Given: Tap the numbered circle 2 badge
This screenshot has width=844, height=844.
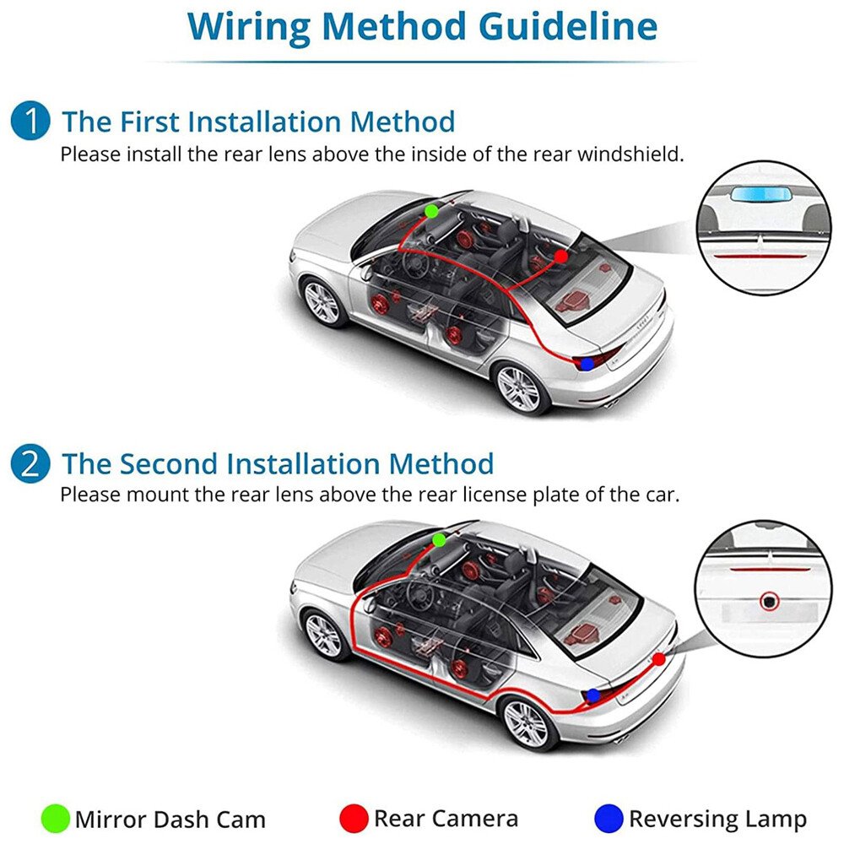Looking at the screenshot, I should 30,464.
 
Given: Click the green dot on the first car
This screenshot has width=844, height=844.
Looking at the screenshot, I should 431,210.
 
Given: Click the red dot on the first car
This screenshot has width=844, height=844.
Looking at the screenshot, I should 561,256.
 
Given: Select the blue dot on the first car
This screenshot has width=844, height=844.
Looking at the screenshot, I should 587,364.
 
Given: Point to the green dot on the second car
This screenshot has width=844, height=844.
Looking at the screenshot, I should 438,539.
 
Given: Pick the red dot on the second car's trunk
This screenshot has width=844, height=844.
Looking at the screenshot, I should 658,659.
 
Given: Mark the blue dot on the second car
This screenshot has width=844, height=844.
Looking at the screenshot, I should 593,695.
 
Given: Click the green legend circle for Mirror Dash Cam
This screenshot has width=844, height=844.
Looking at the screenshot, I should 55,818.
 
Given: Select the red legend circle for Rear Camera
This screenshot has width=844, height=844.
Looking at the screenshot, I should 354,818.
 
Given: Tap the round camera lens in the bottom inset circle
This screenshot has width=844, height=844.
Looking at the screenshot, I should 768,602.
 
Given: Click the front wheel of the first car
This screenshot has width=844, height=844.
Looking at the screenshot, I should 322,301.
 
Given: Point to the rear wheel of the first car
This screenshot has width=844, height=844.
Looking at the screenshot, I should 517,387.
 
